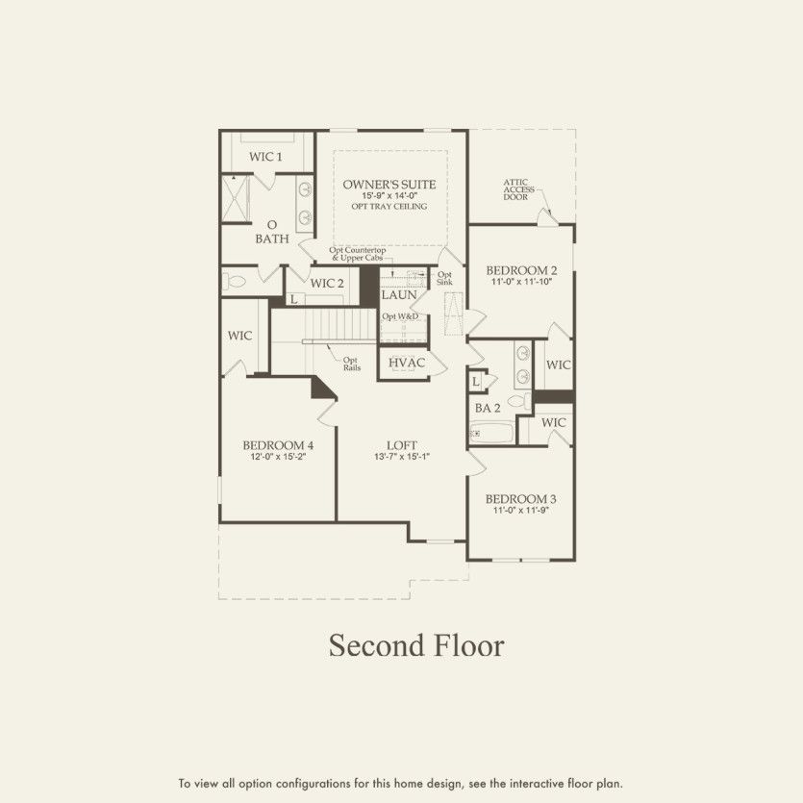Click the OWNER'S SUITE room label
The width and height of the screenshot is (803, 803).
389,184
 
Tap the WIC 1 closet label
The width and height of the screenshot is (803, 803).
265,156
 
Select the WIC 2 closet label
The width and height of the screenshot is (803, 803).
327,283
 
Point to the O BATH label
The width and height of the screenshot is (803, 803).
272,232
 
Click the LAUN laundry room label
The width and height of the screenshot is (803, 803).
398,294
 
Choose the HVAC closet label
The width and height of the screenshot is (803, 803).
407,363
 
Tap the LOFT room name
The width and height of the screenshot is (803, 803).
401,445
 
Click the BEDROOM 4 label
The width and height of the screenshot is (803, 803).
277,445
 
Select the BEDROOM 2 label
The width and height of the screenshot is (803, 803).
521,270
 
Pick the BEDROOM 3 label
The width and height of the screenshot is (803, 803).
520,499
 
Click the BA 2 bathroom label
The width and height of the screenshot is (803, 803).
488,409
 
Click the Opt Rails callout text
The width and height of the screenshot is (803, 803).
352,364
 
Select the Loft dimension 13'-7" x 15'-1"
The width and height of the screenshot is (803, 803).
401,457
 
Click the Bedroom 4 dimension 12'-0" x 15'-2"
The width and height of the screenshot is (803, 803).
277,457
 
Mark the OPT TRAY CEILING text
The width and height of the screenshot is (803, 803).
389,207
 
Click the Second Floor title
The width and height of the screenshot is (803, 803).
415,645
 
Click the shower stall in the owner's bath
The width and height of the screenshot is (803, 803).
237,198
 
